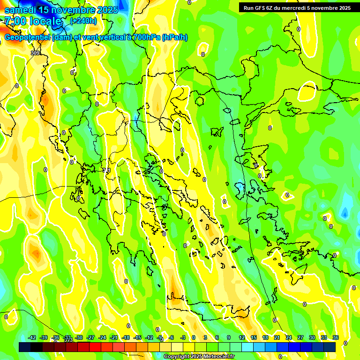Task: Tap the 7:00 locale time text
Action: point(33,21)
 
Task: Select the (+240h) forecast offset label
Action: point(83,21)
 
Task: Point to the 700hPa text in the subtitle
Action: point(145,37)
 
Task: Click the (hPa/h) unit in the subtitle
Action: point(175,37)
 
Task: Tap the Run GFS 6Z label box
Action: point(297,7)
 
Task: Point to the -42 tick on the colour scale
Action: point(32,337)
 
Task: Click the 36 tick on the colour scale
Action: point(336,337)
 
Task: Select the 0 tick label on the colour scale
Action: point(194,337)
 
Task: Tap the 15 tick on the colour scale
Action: point(254,337)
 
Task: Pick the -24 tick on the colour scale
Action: point(102,337)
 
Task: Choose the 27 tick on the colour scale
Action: point(300,337)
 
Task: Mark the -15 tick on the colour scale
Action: point(137,337)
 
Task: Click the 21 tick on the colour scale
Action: point(277,337)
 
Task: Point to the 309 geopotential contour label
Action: point(35,53)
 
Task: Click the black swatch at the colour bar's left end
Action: point(25,347)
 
